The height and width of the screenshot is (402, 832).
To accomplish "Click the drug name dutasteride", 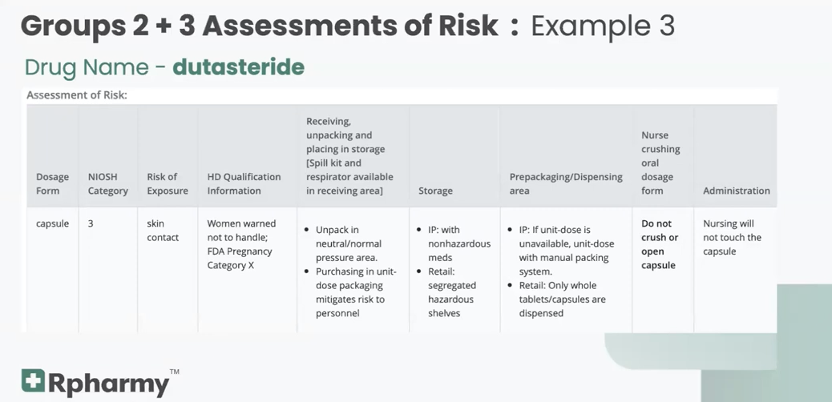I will tap(238, 66).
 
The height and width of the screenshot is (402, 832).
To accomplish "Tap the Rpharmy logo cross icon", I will tap(33, 380).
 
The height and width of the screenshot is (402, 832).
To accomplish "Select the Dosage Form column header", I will tap(52, 183).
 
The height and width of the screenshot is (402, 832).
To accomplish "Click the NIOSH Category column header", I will tap(107, 183).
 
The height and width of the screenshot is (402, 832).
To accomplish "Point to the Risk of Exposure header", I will tap(167, 183).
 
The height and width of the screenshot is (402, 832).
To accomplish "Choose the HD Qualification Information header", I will tap(244, 183).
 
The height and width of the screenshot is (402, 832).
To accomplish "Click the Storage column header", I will tap(435, 191).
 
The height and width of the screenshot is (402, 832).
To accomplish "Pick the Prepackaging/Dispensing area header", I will tap(565, 183).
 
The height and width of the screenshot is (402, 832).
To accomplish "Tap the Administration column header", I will tap(736, 191).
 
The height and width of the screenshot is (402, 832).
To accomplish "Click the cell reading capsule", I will tap(52, 223).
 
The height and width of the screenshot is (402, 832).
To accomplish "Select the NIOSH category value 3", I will tap(91, 223).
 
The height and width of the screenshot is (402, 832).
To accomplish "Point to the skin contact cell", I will tap(163, 231).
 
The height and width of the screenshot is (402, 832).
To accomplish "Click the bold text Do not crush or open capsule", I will tap(660, 244).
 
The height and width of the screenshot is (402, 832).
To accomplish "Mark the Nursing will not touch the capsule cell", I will tap(732, 237).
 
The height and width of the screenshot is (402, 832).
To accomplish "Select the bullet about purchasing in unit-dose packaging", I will tap(350, 292).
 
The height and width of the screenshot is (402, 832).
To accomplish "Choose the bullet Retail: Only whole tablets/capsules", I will tap(561, 299).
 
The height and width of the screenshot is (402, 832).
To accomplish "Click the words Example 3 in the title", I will tap(602, 26).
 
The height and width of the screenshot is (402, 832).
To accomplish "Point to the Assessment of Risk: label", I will tap(77, 95).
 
